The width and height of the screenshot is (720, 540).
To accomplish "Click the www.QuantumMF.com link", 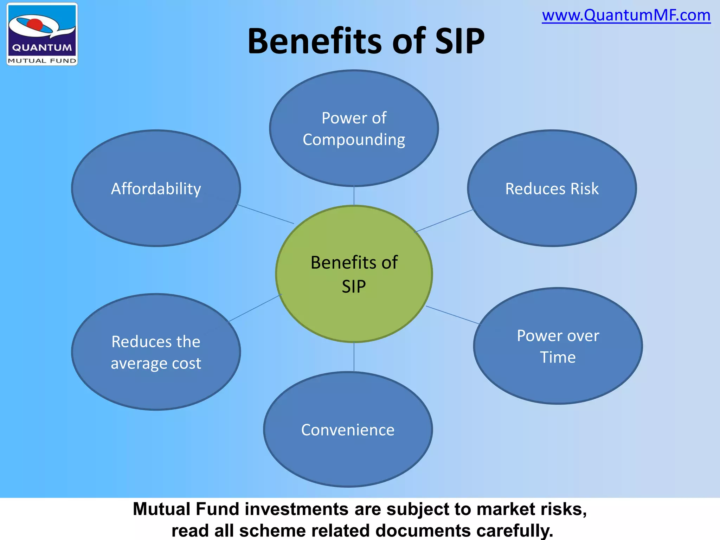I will click(x=626, y=15).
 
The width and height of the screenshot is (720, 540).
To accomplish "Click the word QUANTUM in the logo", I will click(x=42, y=47).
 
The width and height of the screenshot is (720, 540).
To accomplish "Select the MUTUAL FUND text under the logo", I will click(x=42, y=61).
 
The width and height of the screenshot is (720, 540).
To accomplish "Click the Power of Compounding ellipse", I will click(x=354, y=128).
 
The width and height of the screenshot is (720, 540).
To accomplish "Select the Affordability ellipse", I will click(x=156, y=188).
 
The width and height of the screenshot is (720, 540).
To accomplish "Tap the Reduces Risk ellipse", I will click(x=552, y=188).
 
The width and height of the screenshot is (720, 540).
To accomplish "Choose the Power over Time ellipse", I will click(x=558, y=346).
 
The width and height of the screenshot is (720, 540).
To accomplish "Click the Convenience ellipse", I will click(x=348, y=430).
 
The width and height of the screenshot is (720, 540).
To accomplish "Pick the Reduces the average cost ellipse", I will click(x=156, y=352).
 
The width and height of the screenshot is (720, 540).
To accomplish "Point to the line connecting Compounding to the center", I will click(x=354, y=196).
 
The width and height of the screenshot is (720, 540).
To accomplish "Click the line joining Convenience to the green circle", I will click(x=354, y=357).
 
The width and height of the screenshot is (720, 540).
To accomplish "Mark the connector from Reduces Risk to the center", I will click(x=445, y=221).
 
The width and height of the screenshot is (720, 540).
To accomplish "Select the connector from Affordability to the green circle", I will click(x=266, y=214).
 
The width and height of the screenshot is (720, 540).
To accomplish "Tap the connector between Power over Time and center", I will click(x=453, y=315).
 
